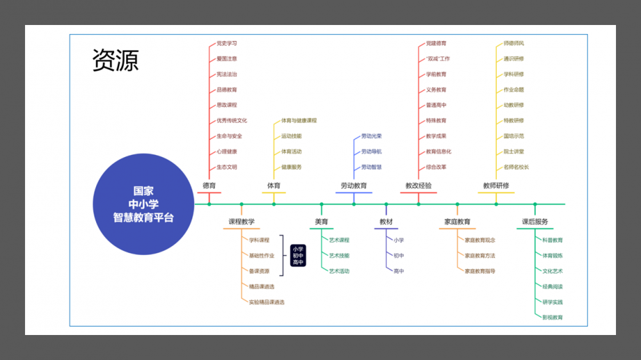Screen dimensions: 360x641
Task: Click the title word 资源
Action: pos(115,60)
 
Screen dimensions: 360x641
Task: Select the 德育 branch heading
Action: pos(209,186)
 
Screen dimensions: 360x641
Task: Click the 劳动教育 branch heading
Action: pos(354,186)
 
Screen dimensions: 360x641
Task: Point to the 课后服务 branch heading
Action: pos(535,222)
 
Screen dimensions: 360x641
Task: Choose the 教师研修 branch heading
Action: pos(496,186)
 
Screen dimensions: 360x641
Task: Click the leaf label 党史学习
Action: pos(227,44)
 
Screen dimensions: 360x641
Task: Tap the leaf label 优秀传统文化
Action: pos(231,120)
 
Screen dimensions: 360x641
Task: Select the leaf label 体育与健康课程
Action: pos(299,120)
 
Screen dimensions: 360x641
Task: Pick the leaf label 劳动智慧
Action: pos(371,167)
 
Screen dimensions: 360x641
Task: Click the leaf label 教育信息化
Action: pos(438,152)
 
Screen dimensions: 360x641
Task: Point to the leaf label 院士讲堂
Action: pos(513,152)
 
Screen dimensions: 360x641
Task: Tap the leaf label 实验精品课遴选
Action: pos(267,302)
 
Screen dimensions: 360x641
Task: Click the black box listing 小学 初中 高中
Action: pos(298,255)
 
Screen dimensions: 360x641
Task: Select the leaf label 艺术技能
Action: pos(339,256)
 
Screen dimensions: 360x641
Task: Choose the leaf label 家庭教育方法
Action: pos(480,256)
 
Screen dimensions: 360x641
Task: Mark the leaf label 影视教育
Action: pos(553,318)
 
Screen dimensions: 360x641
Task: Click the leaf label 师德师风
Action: pos(513,44)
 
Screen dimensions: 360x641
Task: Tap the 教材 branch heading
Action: pos(386,222)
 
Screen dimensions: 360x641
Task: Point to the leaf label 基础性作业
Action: pos(262,256)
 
